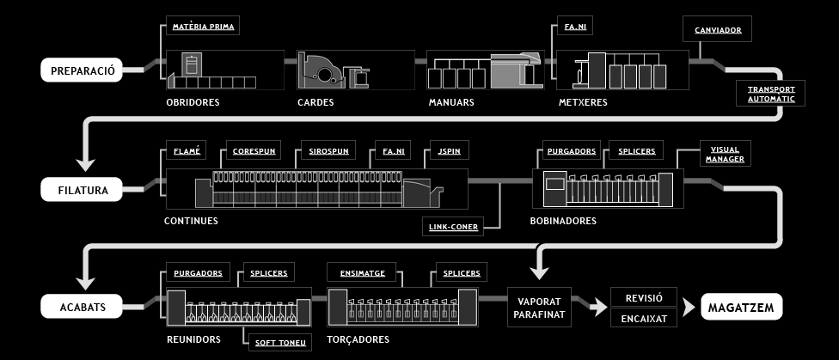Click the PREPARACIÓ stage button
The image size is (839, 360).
pyautogui.click(x=82, y=70)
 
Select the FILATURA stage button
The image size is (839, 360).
pyautogui.click(x=82, y=189)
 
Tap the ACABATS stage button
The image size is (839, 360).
pyautogui.click(x=82, y=307)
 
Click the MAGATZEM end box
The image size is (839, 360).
pyautogui.click(x=741, y=307)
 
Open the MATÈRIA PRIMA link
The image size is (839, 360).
pyautogui.click(x=203, y=27)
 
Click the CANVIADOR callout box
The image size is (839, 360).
pyautogui.click(x=718, y=29)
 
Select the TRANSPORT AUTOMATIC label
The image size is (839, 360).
pyautogui.click(x=771, y=94)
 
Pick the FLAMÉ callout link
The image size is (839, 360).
pyautogui.click(x=187, y=151)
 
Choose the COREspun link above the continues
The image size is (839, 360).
pyautogui.click(x=254, y=151)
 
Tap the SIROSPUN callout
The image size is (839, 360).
pyautogui.click(x=328, y=151)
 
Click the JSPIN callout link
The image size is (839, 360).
pyautogui.click(x=449, y=151)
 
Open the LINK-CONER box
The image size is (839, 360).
pyautogui.click(x=453, y=226)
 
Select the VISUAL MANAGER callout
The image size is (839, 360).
pyautogui.click(x=725, y=154)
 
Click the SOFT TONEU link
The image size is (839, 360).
pyautogui.click(x=280, y=342)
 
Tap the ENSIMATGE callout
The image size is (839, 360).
pyautogui.click(x=362, y=273)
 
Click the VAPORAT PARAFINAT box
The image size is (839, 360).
pyautogui.click(x=539, y=307)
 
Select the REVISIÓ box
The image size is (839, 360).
pyautogui.click(x=644, y=297)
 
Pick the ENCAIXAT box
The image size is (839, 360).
pyautogui.click(x=644, y=318)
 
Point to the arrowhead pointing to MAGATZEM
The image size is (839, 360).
pyautogui.click(x=689, y=307)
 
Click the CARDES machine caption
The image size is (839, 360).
pyautogui.click(x=315, y=102)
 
